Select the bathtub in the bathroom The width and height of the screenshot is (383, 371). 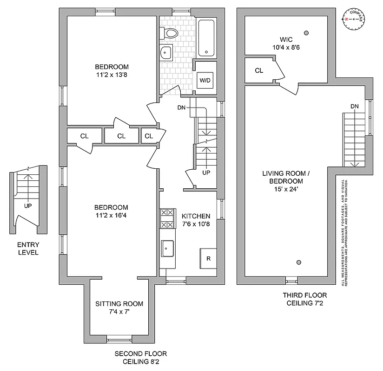coord(205,38)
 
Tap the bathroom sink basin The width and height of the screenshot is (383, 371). coord(166,53)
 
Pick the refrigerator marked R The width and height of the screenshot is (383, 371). coord(208,258)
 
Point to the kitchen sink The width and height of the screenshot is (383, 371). coord(167,249)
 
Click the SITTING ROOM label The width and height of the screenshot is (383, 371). coord(119,307)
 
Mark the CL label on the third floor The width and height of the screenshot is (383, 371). coord(259,70)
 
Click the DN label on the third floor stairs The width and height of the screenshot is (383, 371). coord(355,106)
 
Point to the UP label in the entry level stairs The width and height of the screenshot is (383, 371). coord(27,206)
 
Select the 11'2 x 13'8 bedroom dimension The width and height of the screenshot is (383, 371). coord(112,73)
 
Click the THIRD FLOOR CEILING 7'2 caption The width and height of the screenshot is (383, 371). coord(304,299)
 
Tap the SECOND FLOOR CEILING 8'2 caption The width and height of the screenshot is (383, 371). coord(138,357)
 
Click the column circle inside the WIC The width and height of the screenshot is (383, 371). coord(306,32)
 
